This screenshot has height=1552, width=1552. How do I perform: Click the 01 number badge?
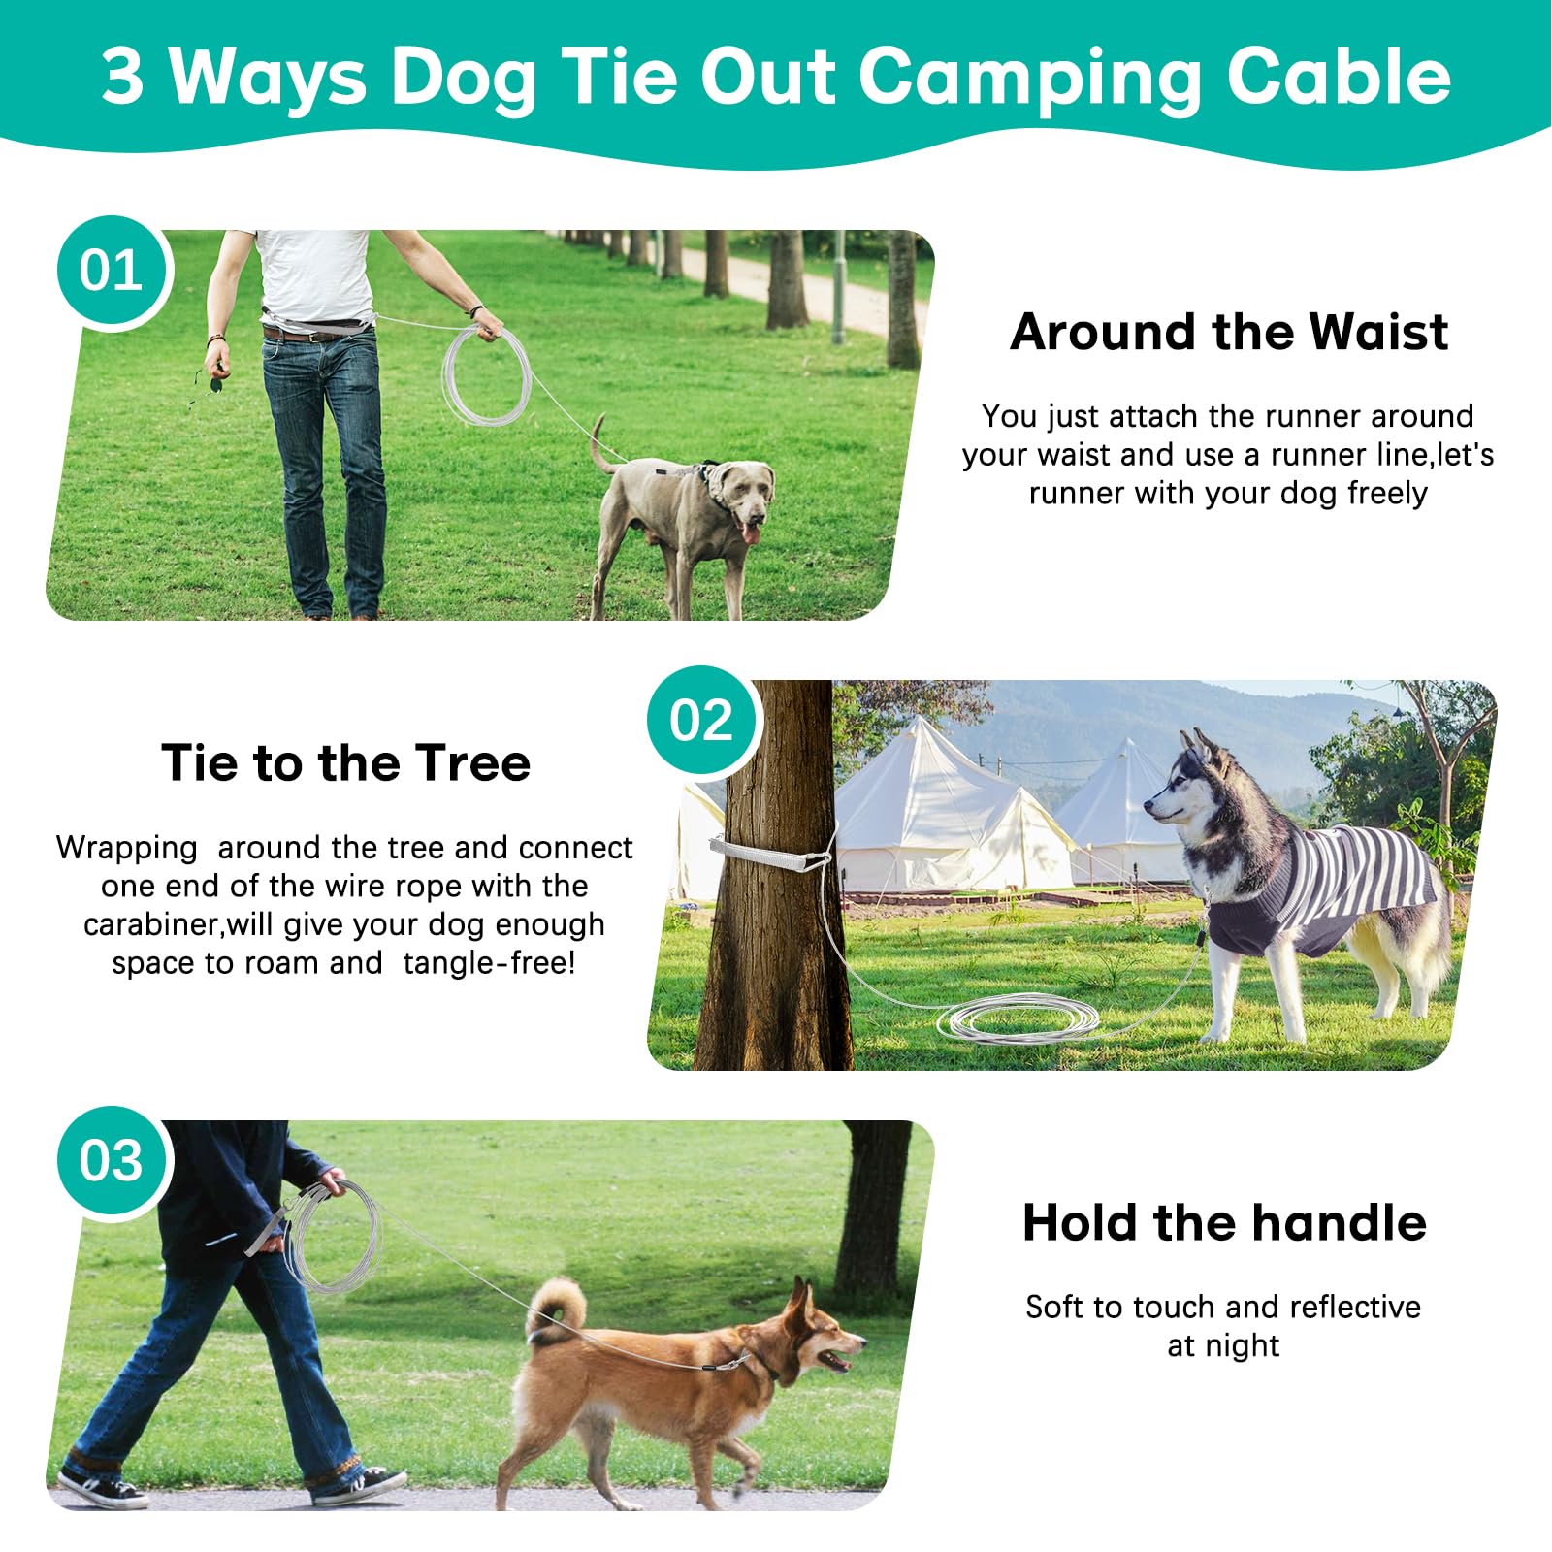point(113,272)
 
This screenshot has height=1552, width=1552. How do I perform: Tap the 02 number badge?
point(702,722)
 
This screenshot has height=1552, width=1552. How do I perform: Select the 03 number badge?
point(113,1161)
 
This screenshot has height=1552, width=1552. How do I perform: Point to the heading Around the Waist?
point(1228,333)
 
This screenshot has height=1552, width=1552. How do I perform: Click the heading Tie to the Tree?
point(345,763)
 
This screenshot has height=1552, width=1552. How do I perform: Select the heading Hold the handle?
point(1224,1223)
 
